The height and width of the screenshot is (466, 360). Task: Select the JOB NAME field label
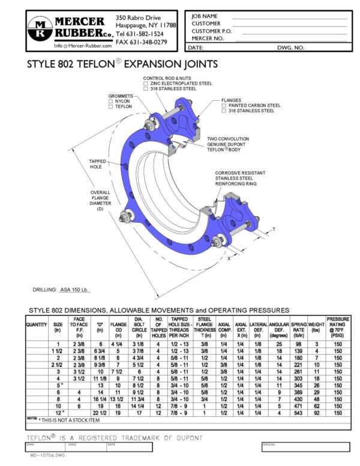coord(205,16)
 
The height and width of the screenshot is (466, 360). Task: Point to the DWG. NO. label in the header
coord(290,46)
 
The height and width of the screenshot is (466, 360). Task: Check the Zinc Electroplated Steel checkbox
coord(145,83)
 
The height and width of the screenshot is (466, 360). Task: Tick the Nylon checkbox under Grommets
coord(110,101)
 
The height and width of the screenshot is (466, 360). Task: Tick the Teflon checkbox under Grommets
coord(110,106)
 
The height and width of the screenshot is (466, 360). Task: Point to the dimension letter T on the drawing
coord(274,229)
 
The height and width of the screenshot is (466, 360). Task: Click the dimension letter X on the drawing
coord(229,259)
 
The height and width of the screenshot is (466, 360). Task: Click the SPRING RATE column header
coord(298,327)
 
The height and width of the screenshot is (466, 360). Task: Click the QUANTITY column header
coord(37,324)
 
